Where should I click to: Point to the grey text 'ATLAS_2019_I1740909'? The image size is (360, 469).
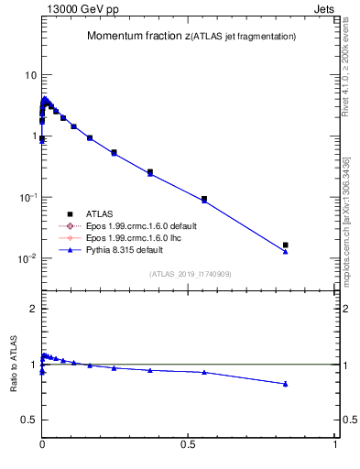(x=190, y=274)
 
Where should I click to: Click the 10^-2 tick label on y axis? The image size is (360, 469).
(x=27, y=258)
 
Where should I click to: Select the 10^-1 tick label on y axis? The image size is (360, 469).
(x=27, y=197)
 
